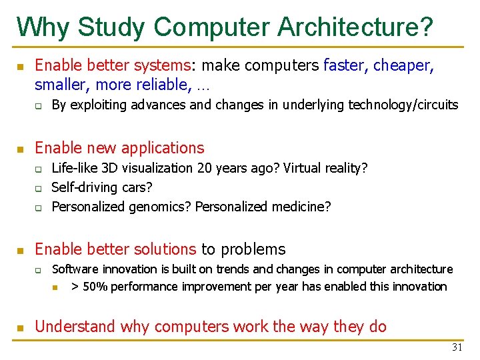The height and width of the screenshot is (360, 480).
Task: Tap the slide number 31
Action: click(x=457, y=347)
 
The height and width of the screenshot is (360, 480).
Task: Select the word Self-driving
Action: click(x=85, y=187)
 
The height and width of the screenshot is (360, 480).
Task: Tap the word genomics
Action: click(x=159, y=207)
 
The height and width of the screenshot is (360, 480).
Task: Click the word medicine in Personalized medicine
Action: click(x=300, y=207)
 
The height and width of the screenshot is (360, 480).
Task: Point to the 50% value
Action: click(x=97, y=287)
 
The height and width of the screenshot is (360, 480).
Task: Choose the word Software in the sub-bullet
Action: click(x=76, y=269)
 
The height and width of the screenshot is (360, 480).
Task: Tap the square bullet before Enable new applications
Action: click(x=20, y=148)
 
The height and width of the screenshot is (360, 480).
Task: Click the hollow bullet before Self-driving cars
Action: click(x=39, y=188)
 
